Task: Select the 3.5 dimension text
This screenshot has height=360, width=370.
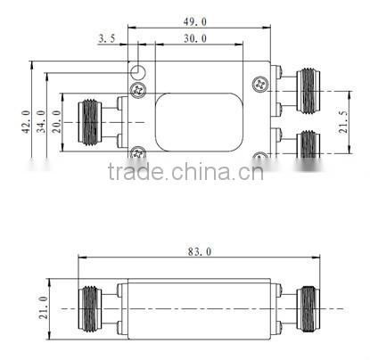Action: coord(106,38)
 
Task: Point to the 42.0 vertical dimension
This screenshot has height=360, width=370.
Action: coord(26,120)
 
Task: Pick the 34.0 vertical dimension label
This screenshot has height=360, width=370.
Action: coord(41,120)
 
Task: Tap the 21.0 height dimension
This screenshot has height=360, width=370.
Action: coord(42,307)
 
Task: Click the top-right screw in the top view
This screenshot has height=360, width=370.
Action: coord(260,85)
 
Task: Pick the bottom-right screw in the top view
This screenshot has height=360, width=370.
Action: coord(260,158)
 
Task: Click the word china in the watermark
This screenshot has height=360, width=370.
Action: coord(208,172)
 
